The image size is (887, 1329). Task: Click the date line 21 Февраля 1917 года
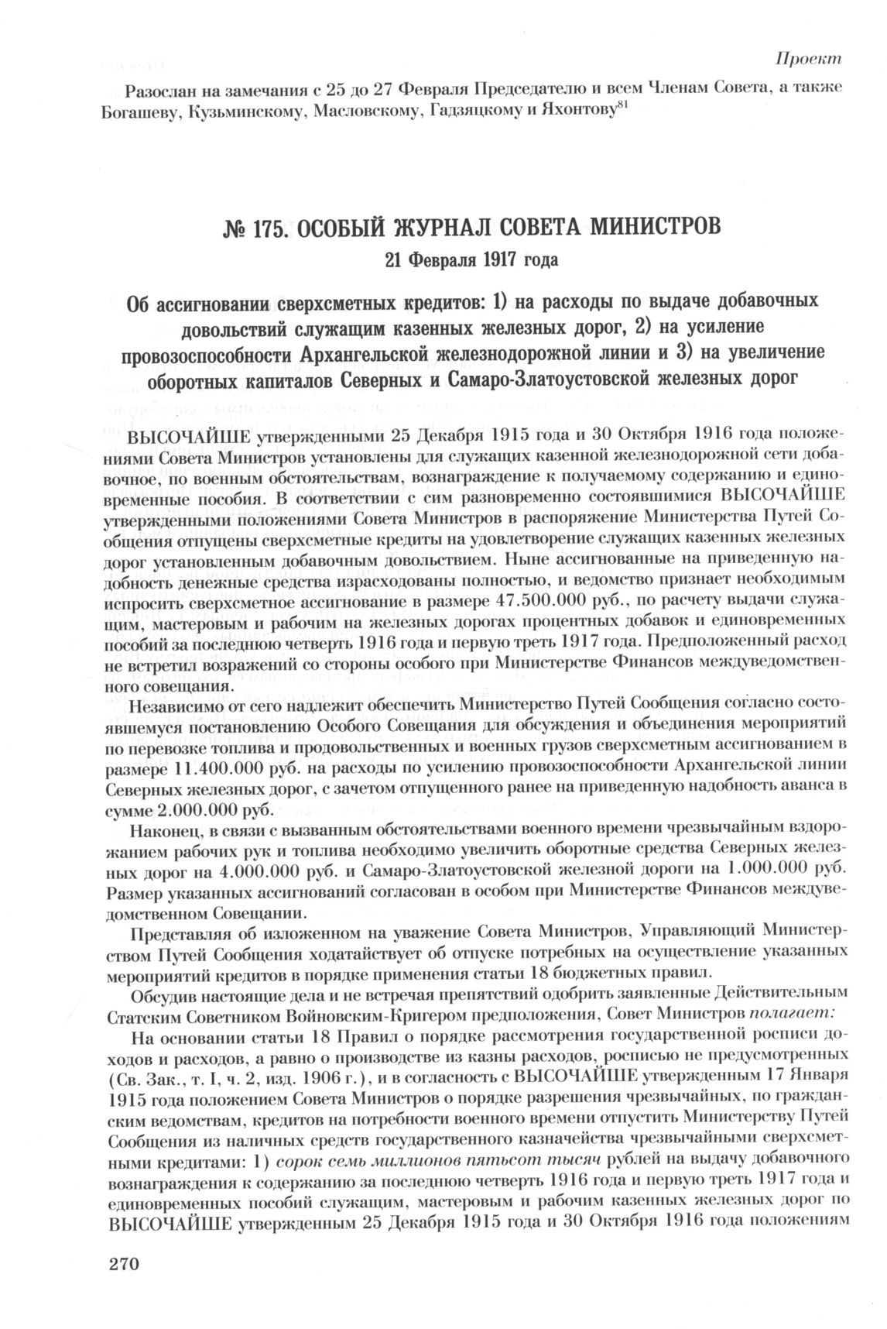[x=471, y=259]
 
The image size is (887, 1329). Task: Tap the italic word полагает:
[x=792, y=1013]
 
